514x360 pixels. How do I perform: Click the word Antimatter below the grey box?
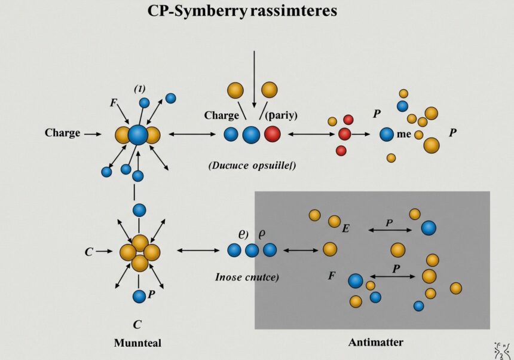pyautogui.click(x=375, y=343)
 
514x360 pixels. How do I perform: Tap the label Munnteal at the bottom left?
pyautogui.click(x=137, y=343)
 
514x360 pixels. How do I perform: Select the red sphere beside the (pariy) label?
pyautogui.click(x=272, y=134)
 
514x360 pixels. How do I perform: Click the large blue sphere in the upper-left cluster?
pyautogui.click(x=138, y=134)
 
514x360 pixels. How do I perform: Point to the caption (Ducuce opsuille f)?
pyautogui.click(x=252, y=166)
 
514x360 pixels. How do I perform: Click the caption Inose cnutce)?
pyautogui.click(x=247, y=277)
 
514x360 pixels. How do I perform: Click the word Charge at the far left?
pyautogui.click(x=62, y=133)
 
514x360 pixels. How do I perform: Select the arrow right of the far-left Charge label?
pyautogui.click(x=93, y=135)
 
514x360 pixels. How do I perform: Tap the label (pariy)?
pyautogui.click(x=282, y=115)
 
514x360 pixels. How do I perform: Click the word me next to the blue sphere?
pyautogui.click(x=404, y=134)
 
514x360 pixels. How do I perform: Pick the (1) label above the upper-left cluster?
pyautogui.click(x=139, y=89)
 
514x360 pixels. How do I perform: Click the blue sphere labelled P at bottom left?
pyautogui.click(x=139, y=295)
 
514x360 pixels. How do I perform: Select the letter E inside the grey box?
pyautogui.click(x=345, y=228)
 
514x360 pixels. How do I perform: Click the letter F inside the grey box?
pyautogui.click(x=331, y=276)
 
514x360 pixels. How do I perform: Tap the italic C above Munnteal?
pyautogui.click(x=137, y=325)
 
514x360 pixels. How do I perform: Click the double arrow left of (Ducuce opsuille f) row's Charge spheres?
pyautogui.click(x=192, y=134)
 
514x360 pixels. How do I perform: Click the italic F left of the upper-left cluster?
pyautogui.click(x=114, y=103)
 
